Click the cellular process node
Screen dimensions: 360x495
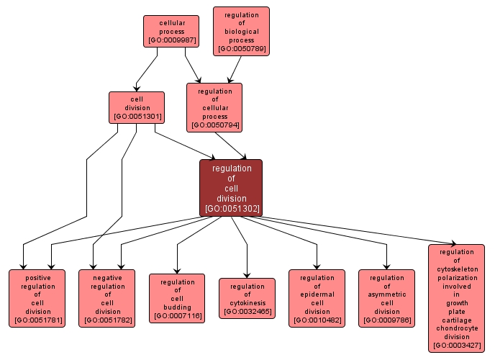click(x=171, y=32)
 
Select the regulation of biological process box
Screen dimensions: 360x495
click(x=241, y=32)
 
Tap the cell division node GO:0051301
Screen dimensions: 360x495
click(x=136, y=107)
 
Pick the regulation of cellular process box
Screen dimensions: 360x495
click(x=214, y=107)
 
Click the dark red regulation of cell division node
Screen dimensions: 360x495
click(x=231, y=188)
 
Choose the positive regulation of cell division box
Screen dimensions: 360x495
click(x=37, y=298)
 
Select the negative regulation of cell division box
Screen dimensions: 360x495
click(x=107, y=298)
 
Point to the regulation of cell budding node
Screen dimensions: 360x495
click(x=177, y=298)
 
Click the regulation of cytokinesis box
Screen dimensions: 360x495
click(x=247, y=298)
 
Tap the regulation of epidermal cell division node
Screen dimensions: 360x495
click(x=317, y=298)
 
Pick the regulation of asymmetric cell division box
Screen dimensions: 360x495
click(x=387, y=298)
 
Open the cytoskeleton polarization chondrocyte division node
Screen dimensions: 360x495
click(x=456, y=298)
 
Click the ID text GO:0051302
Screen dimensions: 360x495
click(x=232, y=209)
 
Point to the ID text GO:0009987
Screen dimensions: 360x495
click(x=171, y=40)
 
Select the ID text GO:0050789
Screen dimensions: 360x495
click(x=241, y=49)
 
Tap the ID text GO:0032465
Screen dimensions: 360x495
click(x=247, y=311)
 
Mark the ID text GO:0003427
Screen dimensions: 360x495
click(x=456, y=346)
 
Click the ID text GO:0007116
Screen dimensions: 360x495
click(x=177, y=315)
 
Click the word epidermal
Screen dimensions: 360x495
click(x=317, y=294)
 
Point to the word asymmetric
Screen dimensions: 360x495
click(x=387, y=294)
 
